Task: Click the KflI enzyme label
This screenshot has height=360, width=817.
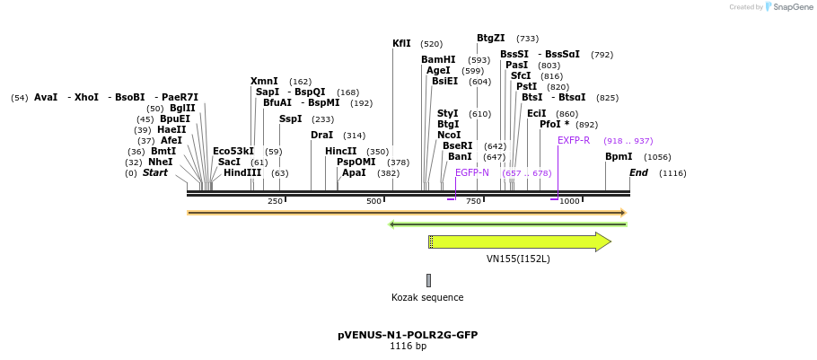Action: [x=401, y=43]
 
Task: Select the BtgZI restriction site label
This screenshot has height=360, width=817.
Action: [x=490, y=38]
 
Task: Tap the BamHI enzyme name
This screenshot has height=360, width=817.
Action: [x=438, y=59]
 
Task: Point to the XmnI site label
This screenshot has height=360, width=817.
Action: [x=264, y=81]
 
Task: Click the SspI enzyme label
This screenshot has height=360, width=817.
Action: [x=290, y=119]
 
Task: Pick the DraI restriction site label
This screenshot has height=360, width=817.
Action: [x=321, y=135]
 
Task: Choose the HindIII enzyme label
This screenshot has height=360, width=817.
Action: [x=242, y=172]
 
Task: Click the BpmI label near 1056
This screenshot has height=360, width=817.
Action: [x=619, y=156]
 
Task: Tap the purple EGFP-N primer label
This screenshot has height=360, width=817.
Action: [x=472, y=172]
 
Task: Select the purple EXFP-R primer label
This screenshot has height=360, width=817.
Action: [x=574, y=140]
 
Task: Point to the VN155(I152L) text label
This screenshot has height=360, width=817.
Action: [x=518, y=259]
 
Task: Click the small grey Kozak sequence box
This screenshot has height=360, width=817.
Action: [x=428, y=280]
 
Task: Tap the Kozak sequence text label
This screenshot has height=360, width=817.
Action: [x=427, y=297]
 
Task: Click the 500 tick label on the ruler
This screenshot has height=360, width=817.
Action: [x=374, y=201]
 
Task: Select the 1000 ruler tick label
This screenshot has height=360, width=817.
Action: [x=569, y=201]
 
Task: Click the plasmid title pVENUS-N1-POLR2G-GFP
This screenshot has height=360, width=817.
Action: [x=408, y=335]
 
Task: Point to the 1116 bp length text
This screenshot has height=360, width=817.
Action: [x=408, y=346]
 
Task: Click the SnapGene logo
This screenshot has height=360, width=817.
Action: [x=788, y=7]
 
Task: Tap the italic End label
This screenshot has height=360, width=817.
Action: [x=638, y=172]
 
